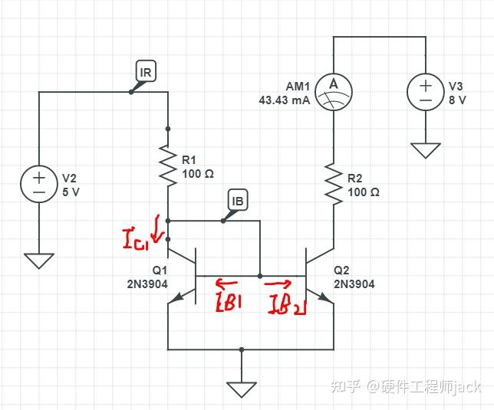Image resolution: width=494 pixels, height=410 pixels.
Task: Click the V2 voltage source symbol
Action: coord(39,185)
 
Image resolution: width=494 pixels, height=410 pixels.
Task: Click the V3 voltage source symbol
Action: coord(425,93)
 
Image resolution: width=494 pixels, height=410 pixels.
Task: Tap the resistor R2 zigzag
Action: coord(334,184)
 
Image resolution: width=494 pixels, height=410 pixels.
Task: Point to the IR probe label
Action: coord(145,73)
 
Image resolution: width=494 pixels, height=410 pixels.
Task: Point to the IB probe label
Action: coord(238,202)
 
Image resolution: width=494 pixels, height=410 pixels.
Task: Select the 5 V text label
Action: coord(71,192)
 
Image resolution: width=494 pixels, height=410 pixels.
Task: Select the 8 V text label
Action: coord(457,100)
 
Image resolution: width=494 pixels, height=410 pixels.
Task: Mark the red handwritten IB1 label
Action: coord(229,302)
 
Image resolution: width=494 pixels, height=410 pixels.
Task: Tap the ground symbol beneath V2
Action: coord(39,261)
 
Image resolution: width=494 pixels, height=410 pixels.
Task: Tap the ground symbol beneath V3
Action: coord(425,149)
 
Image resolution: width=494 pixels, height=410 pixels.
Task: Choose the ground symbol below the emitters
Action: coord(241,389)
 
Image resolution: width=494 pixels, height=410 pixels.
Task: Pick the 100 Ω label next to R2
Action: coord(364,192)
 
